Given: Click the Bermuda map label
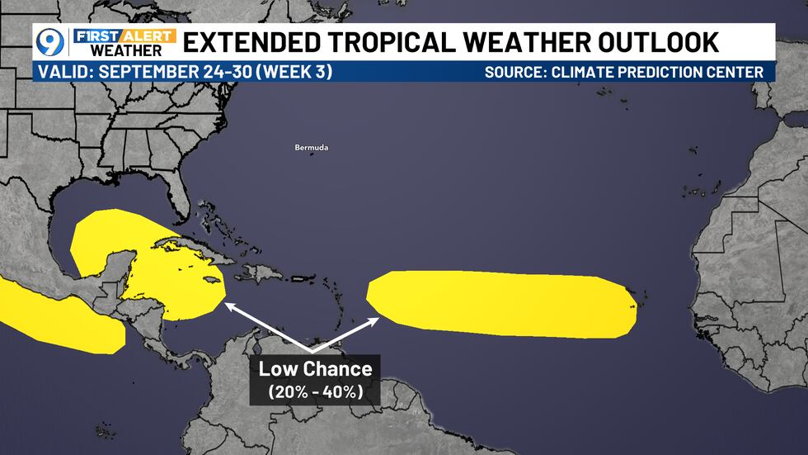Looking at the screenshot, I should (x=312, y=148).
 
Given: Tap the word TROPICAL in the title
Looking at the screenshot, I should (x=395, y=41).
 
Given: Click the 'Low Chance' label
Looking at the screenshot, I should (x=315, y=369).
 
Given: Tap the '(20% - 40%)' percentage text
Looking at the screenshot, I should (x=315, y=391).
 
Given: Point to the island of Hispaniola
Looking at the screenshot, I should (x=263, y=273).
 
